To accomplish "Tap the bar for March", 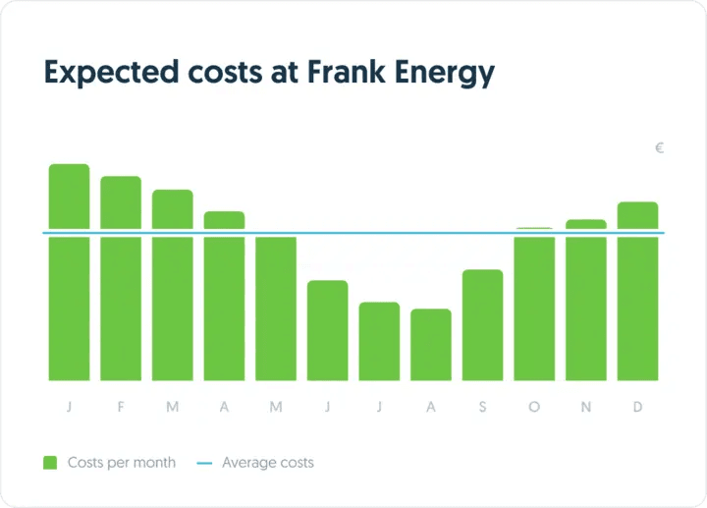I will (x=173, y=285).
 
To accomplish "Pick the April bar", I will (x=224, y=296).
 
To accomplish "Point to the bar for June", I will (x=327, y=330).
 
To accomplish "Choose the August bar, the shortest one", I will (x=431, y=345).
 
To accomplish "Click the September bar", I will (x=482, y=325).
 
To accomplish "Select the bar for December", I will (x=637, y=291).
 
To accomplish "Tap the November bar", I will (x=586, y=300).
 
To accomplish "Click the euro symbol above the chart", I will (x=660, y=148).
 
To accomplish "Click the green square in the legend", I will (x=50, y=462).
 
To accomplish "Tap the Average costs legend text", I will (x=268, y=462).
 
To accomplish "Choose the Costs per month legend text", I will (x=122, y=462).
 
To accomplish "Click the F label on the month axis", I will (x=121, y=408).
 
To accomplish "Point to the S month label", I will (x=482, y=408).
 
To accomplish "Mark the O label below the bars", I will (x=534, y=408).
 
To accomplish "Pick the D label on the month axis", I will (x=637, y=408).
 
